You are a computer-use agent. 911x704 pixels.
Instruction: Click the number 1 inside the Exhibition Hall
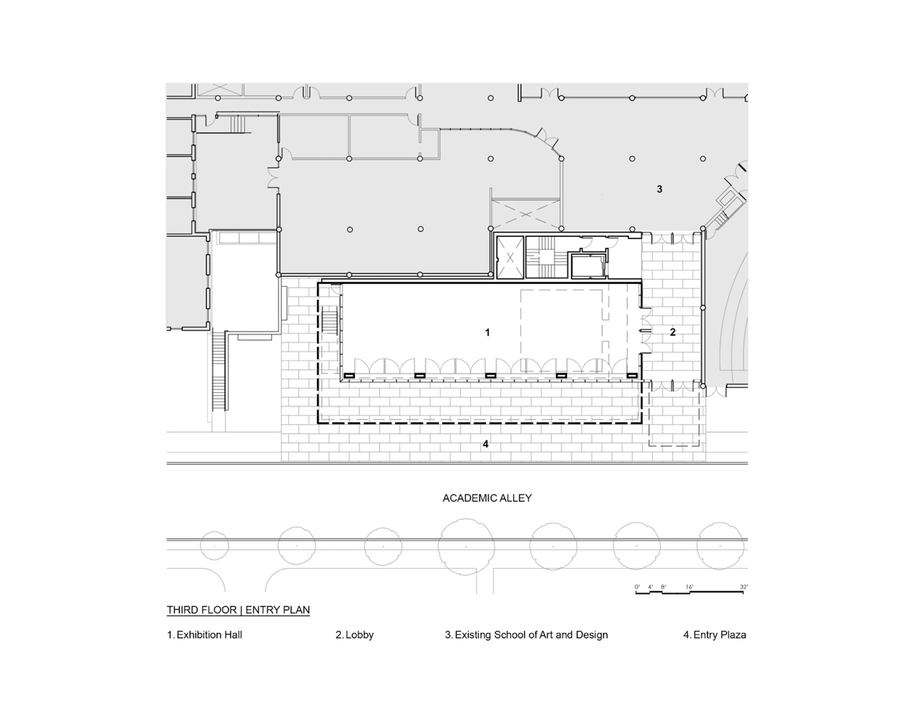click(x=487, y=333)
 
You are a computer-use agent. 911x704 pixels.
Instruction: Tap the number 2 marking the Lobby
click(x=672, y=332)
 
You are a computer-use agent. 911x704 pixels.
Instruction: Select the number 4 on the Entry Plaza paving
click(x=486, y=444)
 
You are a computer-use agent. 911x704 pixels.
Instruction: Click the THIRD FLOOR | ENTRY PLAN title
click(x=238, y=610)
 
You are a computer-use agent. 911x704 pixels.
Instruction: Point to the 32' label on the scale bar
click(x=743, y=587)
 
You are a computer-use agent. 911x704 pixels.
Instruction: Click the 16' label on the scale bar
click(x=689, y=587)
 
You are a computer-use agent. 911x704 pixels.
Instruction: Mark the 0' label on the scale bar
click(x=637, y=587)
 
